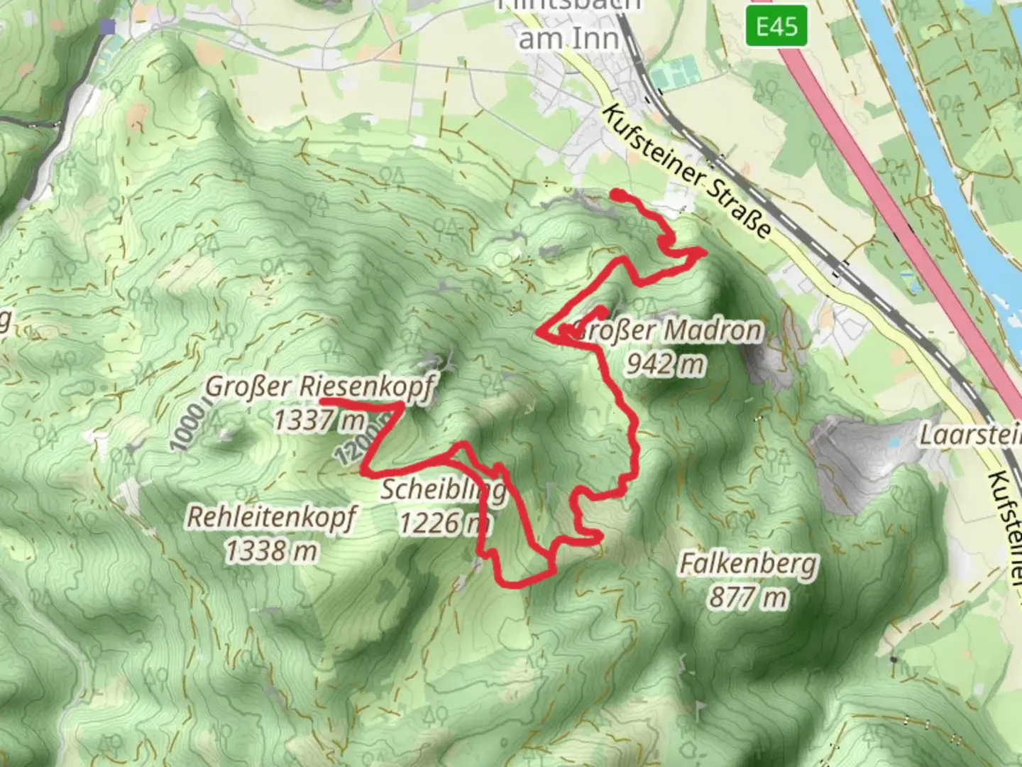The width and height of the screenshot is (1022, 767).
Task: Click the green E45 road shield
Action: (776, 27)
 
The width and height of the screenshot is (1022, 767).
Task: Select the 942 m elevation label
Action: (666, 364)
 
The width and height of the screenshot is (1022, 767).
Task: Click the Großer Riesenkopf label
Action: (319, 388)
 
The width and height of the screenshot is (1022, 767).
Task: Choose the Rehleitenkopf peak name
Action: (271, 517)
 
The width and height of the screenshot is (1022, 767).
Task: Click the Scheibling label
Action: (444, 490)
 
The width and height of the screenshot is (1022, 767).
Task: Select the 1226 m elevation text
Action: (444, 523)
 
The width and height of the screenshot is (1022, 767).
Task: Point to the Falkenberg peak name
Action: (749, 565)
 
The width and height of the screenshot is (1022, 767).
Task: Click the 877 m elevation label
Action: (749, 597)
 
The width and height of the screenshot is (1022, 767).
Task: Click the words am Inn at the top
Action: (569, 39)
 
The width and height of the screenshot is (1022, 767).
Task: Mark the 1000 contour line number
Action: (187, 427)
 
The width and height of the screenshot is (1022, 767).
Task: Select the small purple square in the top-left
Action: (107, 27)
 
